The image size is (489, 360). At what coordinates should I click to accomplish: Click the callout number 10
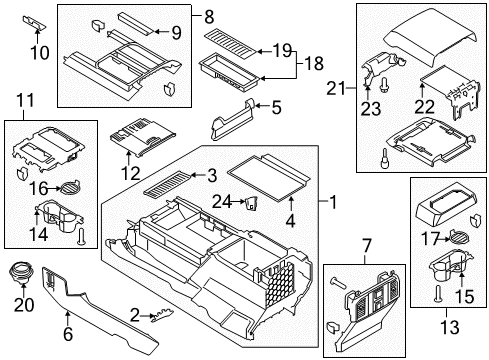(x=39, y=51)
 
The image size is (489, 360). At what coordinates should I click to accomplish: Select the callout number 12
(x=128, y=171)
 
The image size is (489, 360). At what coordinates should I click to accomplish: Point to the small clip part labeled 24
(x=251, y=203)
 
